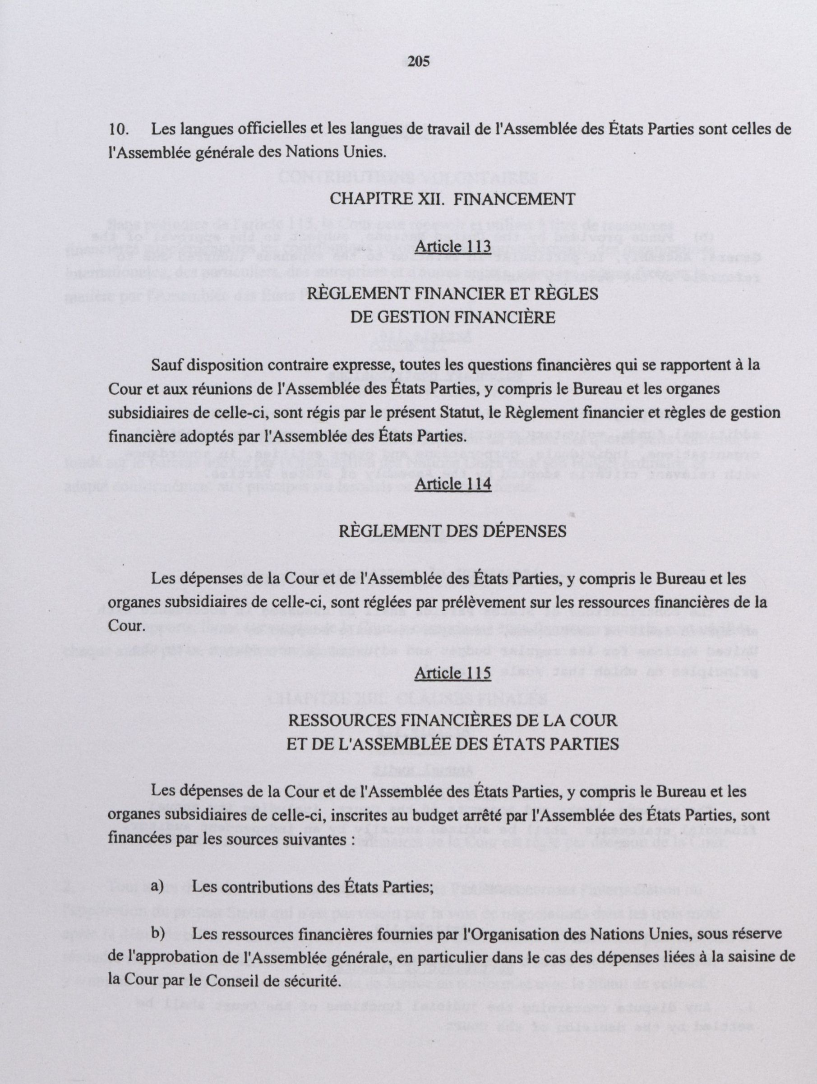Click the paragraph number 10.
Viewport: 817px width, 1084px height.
pyautogui.click(x=119, y=130)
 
